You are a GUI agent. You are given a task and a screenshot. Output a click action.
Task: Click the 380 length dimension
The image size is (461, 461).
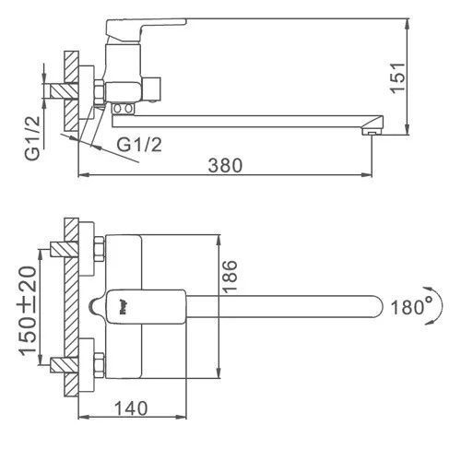[225, 165]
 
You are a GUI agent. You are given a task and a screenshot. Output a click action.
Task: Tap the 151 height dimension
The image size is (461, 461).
[397, 77]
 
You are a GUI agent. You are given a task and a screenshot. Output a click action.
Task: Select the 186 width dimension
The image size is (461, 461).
[230, 276]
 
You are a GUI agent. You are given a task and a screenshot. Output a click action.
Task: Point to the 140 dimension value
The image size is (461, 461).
[131, 408]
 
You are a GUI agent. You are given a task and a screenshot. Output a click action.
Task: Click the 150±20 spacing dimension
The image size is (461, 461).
[29, 311]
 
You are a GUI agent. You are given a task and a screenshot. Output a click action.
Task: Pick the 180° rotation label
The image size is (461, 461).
[411, 307]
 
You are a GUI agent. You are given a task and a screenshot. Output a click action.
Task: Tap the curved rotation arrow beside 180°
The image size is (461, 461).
[439, 305]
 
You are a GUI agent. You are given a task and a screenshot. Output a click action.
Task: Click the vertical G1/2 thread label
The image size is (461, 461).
[32, 137]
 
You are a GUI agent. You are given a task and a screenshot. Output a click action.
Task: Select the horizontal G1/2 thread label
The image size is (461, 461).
[139, 145]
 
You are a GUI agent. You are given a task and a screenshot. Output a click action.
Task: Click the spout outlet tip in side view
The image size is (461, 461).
[372, 132]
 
